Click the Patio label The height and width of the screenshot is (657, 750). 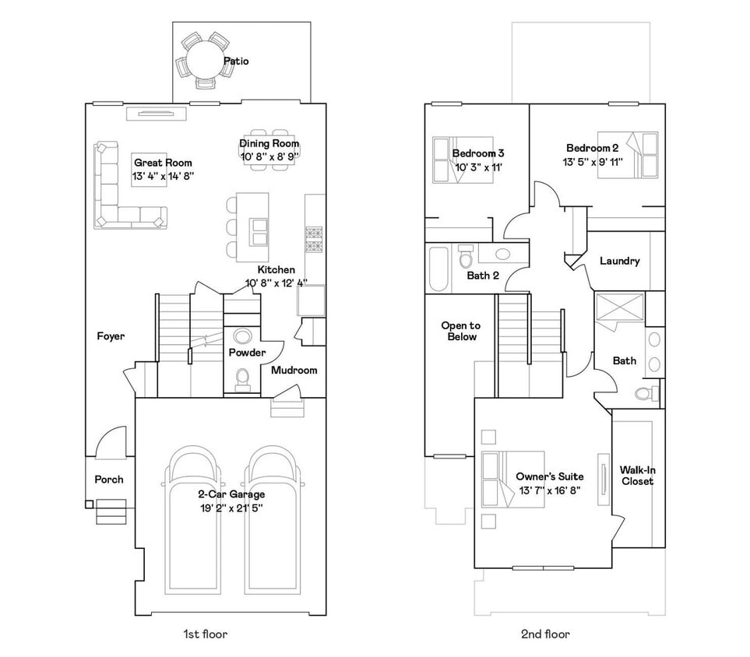click(236, 61)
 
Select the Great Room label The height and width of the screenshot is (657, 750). click(163, 163)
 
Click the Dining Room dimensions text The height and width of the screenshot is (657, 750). click(269, 156)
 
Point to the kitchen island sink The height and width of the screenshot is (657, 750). click(258, 231)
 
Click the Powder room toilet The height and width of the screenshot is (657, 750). click(242, 378)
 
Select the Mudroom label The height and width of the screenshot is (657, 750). click(294, 370)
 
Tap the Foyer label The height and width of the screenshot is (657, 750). click(111, 336)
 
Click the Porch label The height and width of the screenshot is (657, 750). click(109, 480)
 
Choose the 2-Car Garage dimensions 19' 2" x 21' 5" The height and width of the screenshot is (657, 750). click(231, 508)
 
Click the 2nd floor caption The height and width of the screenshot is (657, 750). click(545, 634)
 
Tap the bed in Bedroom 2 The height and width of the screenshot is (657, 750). click(632, 155)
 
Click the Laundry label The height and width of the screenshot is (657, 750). click(619, 261)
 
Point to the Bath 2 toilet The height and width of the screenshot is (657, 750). click(467, 256)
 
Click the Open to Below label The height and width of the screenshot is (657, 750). click(460, 331)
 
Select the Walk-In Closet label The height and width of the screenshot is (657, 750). click(636, 476)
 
